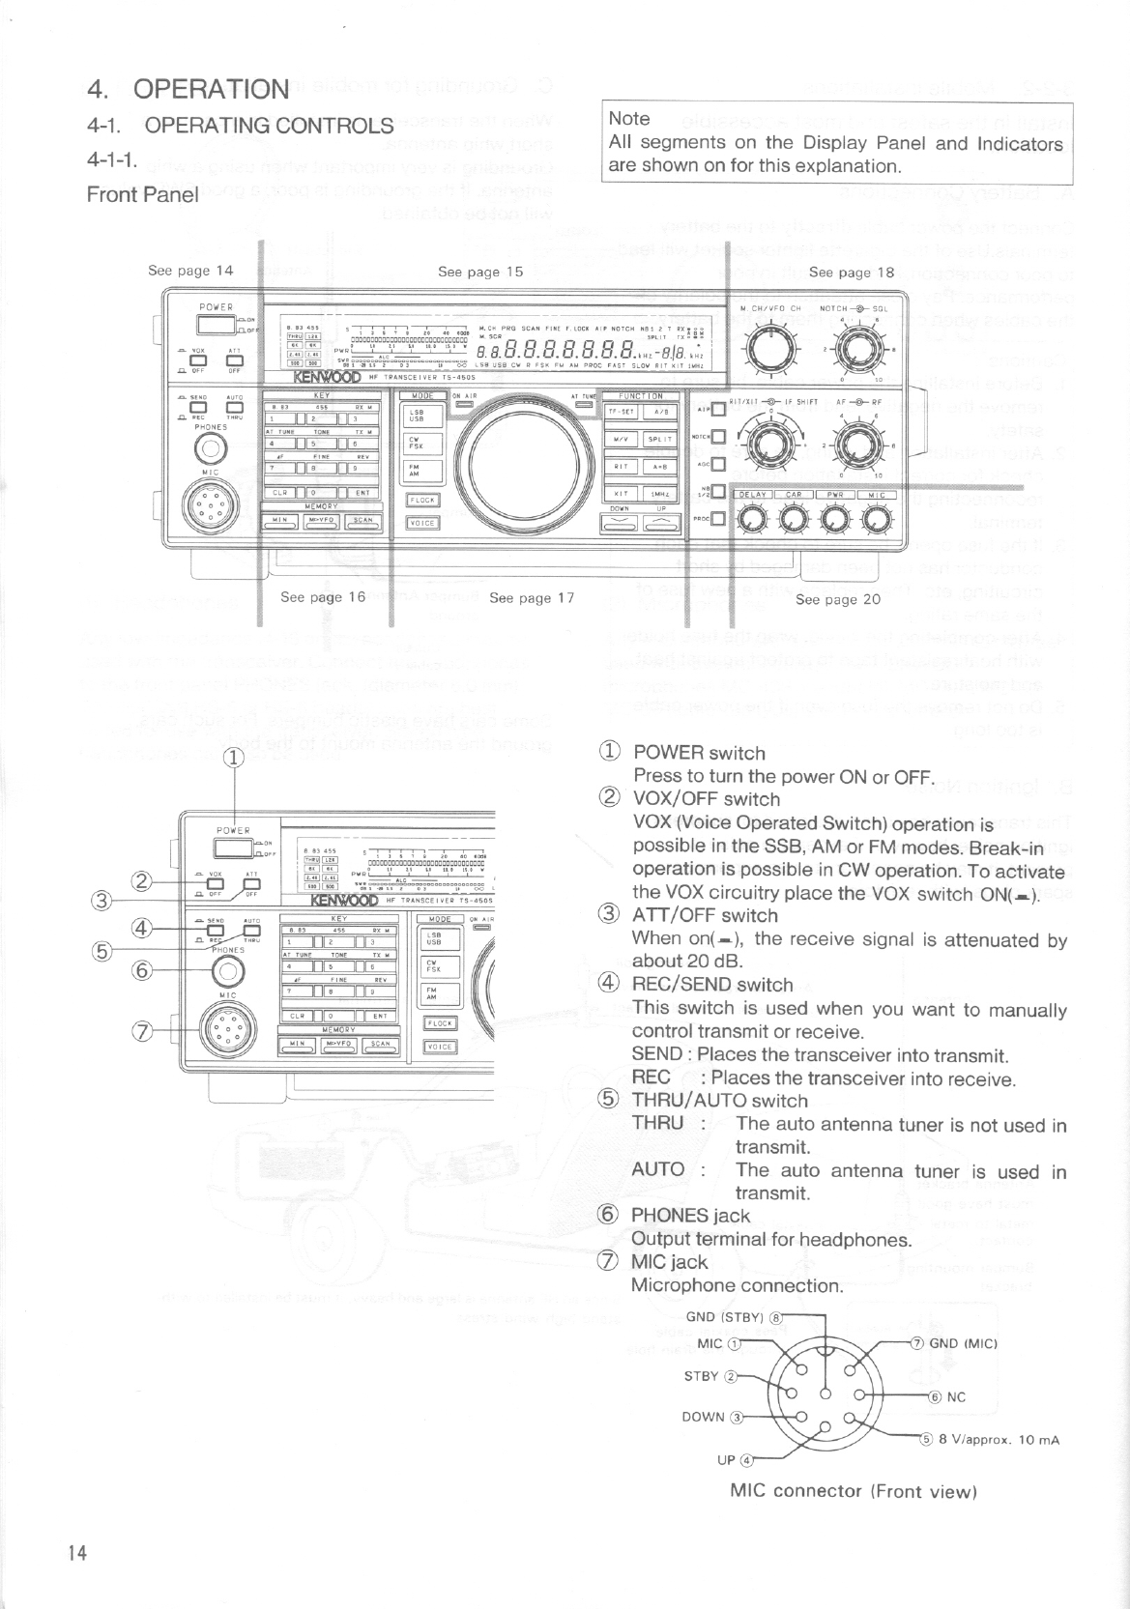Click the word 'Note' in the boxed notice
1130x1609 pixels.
(x=629, y=119)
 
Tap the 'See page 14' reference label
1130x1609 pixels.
(x=190, y=271)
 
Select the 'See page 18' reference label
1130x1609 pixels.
(x=852, y=273)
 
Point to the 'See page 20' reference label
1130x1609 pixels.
(x=838, y=599)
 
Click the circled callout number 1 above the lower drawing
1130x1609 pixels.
(x=233, y=758)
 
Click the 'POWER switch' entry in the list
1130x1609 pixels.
(x=698, y=753)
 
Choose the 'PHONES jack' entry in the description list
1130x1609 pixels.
(x=690, y=1215)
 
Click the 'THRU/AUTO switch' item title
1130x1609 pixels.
(x=719, y=1100)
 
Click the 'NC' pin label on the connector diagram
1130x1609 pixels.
(x=956, y=1396)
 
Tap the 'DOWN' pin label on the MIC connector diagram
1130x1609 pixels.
(x=703, y=1417)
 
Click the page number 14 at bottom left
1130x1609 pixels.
(x=77, y=1553)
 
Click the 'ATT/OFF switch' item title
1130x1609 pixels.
(x=705, y=915)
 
